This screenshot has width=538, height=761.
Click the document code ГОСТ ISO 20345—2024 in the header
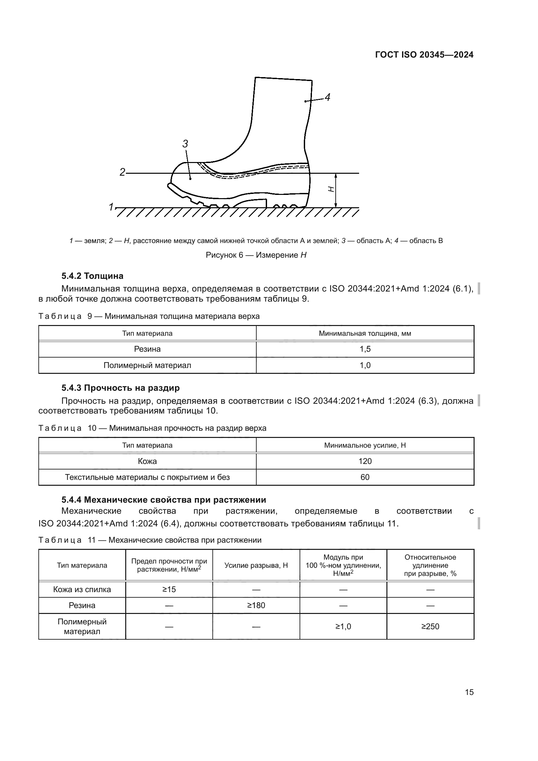(x=424, y=55)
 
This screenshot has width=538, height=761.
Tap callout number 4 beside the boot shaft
(x=327, y=98)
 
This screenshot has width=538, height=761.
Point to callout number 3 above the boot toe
(x=185, y=144)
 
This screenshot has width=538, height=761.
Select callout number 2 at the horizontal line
(x=122, y=172)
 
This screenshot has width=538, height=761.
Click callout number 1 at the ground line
(x=111, y=207)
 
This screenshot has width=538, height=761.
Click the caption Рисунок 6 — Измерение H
(x=256, y=255)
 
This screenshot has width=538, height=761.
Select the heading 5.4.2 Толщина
(x=92, y=276)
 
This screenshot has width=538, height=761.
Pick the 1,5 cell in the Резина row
(x=365, y=349)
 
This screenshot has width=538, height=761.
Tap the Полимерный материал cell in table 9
(x=147, y=365)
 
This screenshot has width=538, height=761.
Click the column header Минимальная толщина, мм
(x=365, y=333)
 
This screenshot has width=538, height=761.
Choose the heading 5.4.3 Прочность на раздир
(x=121, y=388)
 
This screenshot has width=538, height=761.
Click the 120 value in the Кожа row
(x=365, y=461)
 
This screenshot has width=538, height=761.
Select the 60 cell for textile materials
(x=365, y=477)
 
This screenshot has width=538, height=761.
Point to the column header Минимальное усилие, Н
(x=365, y=445)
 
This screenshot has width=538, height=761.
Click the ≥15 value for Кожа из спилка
(x=169, y=589)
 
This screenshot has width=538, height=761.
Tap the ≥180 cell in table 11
(x=256, y=605)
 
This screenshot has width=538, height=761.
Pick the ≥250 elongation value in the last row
(x=430, y=626)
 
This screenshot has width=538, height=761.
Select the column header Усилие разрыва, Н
(x=256, y=565)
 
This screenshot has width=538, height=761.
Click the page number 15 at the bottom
(x=469, y=692)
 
